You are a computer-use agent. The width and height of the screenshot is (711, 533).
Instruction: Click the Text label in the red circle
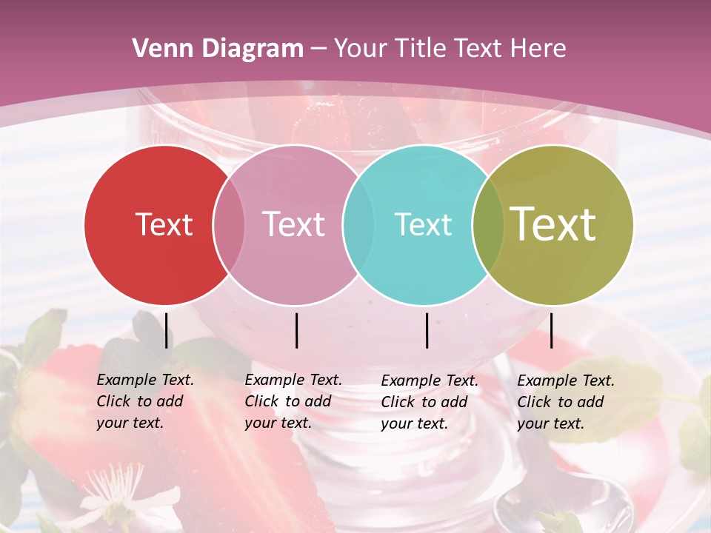click(164, 224)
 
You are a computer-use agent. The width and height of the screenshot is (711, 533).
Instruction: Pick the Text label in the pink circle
click(293, 224)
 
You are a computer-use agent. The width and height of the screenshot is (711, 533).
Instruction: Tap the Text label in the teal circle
click(423, 224)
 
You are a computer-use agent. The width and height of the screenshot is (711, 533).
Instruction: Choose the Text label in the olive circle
click(553, 224)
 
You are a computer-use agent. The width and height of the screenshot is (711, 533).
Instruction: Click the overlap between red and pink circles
click(229, 224)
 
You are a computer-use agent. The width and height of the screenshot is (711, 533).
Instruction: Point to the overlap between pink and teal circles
click(358, 224)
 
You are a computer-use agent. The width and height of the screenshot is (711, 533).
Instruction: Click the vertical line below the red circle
click(166, 330)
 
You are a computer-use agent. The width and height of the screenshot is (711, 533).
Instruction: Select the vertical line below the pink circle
click(296, 330)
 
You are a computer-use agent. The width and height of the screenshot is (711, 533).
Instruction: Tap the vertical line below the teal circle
click(427, 330)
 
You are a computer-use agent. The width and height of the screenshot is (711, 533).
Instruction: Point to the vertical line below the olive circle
click(551, 330)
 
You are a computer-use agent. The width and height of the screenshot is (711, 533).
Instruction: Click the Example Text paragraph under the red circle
click(145, 401)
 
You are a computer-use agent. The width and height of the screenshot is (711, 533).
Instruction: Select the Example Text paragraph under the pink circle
click(293, 401)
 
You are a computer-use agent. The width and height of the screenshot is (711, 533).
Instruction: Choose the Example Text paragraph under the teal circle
click(430, 402)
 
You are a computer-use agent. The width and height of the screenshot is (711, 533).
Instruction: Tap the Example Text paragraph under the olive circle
click(566, 402)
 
